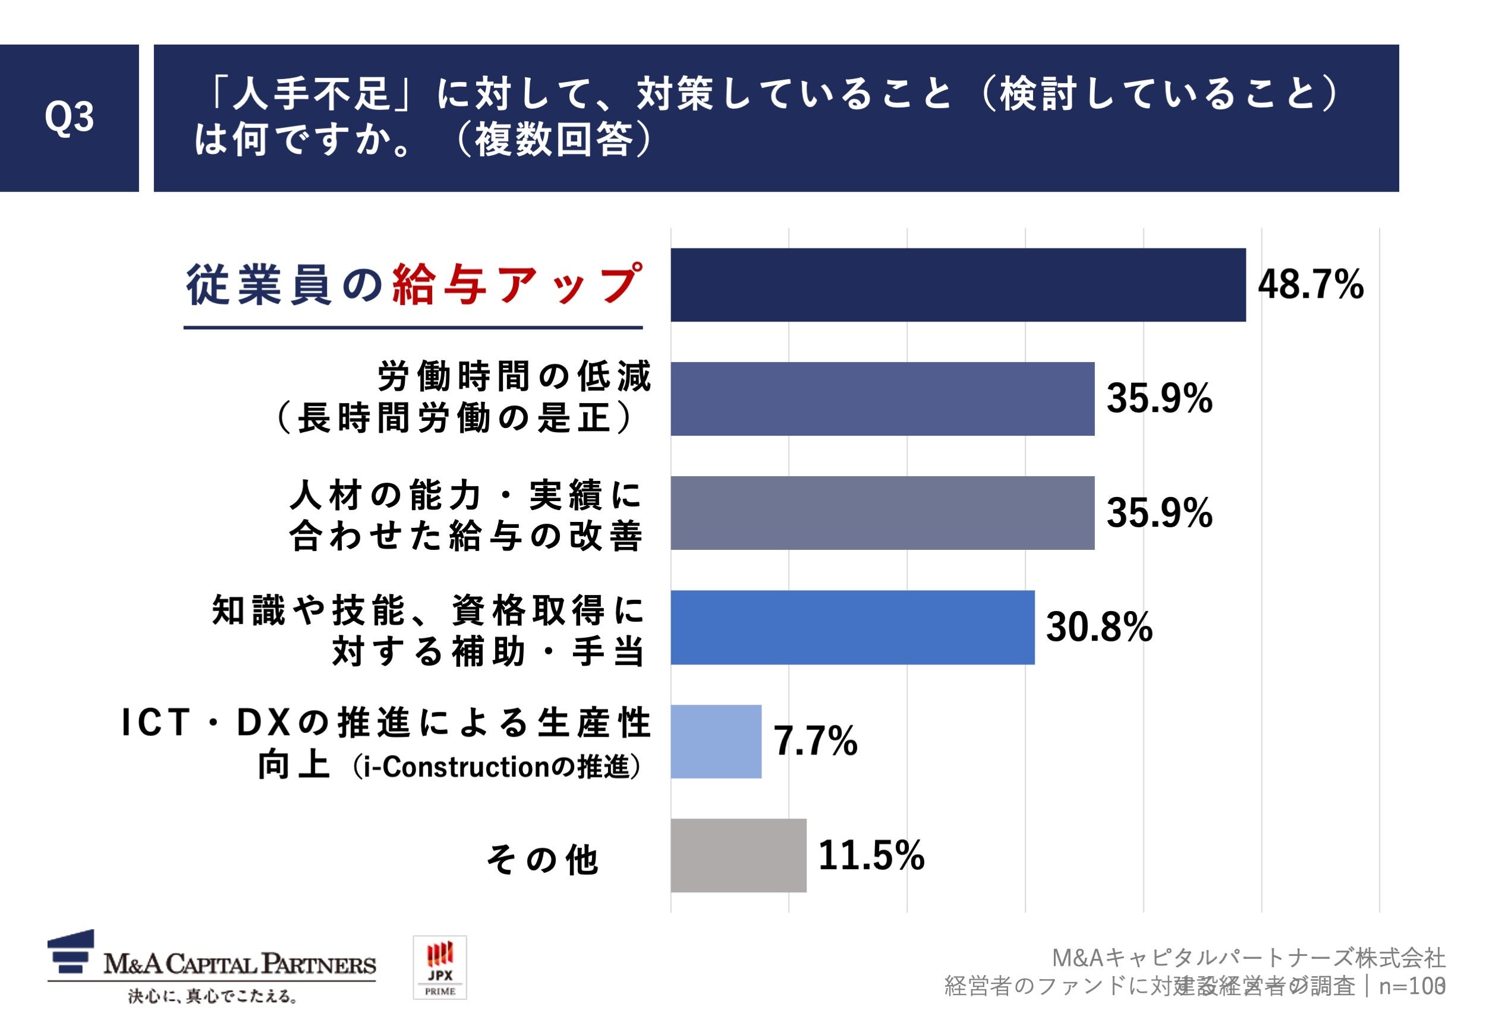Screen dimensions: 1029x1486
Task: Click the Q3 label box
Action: (x=69, y=118)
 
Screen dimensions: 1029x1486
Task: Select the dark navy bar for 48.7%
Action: (x=958, y=284)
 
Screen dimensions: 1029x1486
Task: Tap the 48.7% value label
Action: (x=1310, y=284)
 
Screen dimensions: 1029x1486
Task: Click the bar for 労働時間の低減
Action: (x=882, y=398)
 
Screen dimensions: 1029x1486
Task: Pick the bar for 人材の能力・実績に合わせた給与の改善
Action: (x=882, y=512)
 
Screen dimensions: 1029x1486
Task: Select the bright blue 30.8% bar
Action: (x=852, y=627)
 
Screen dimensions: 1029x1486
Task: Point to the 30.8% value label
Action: (x=1098, y=627)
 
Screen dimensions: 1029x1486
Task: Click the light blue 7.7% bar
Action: (x=716, y=741)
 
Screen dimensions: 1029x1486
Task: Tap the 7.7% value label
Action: (x=815, y=741)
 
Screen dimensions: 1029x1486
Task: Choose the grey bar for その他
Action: (x=738, y=855)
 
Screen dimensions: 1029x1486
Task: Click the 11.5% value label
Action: (x=871, y=855)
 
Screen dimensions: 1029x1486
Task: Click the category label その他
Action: (x=543, y=860)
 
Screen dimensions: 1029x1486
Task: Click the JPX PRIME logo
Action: (x=440, y=967)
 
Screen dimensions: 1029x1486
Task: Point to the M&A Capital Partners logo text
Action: (x=239, y=965)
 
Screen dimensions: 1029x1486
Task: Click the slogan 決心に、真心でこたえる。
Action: (x=213, y=997)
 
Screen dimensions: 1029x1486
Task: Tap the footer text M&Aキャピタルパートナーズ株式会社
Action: (x=1248, y=958)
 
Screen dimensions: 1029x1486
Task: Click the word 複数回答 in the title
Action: (x=553, y=140)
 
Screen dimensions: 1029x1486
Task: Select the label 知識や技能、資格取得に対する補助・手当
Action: (x=428, y=631)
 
